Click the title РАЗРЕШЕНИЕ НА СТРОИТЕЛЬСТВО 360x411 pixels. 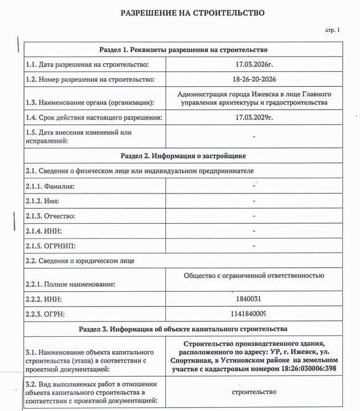193,13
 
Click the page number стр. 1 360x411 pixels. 332,30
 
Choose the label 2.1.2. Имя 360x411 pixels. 43,202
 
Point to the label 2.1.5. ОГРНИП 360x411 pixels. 51,246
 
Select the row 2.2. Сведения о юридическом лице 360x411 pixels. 80,261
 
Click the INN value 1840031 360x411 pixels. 248,299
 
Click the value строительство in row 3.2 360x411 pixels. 254,392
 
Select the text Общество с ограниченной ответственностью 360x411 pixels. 254,276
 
